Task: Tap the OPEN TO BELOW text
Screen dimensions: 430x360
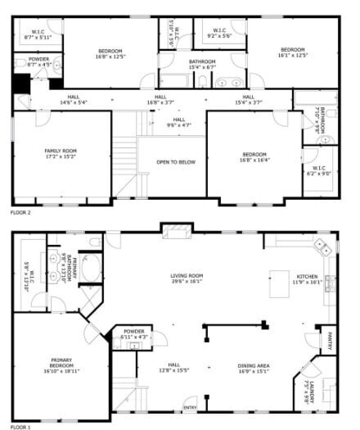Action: click(176, 162)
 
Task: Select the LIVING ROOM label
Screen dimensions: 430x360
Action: click(187, 275)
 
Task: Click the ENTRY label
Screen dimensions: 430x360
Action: click(189, 407)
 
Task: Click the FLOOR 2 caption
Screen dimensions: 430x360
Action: click(20, 211)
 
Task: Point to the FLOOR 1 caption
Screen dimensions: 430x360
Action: click(20, 427)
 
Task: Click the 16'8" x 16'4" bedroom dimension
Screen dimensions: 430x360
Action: click(254, 161)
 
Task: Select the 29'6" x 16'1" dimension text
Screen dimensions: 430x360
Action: click(187, 282)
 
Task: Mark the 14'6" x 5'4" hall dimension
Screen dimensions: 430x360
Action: click(74, 102)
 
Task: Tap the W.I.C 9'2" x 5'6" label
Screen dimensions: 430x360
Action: click(218, 33)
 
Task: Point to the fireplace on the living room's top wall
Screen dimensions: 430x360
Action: click(173, 233)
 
